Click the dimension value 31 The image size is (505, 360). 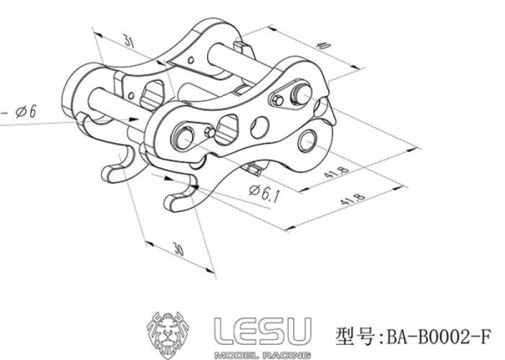pyautogui.click(x=129, y=41)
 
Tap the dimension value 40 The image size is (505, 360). pyautogui.click(x=324, y=45)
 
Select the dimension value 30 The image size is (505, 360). pyautogui.click(x=178, y=249)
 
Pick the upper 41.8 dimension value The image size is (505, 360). pyautogui.click(x=337, y=172)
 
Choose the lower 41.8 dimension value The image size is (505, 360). pyautogui.click(x=353, y=199)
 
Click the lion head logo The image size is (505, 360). pyautogui.click(x=168, y=335)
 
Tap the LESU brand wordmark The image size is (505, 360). pyautogui.click(x=263, y=331)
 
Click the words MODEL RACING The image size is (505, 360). pyautogui.click(x=263, y=355)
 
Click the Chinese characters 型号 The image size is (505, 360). pyautogui.click(x=355, y=336)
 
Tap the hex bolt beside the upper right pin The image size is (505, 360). pyautogui.click(x=279, y=101)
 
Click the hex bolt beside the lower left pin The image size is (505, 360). pyautogui.click(x=210, y=132)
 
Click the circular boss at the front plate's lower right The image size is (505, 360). pyautogui.click(x=307, y=141)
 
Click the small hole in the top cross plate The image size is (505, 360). pyautogui.click(x=191, y=61)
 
